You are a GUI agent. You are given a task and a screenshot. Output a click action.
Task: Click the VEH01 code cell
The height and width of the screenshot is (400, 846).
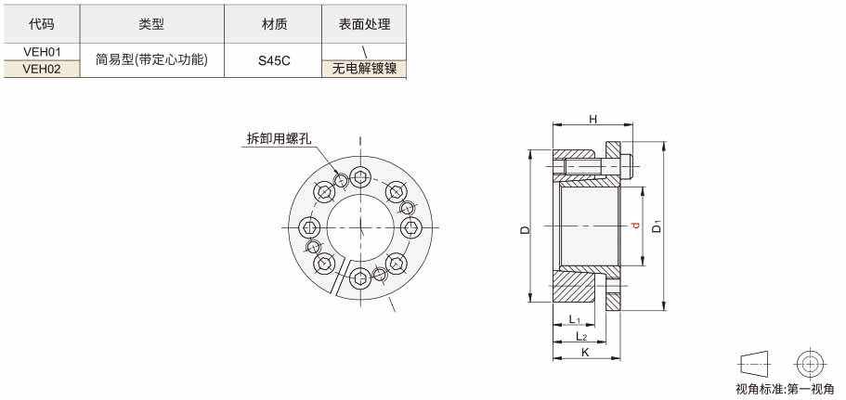point(42,52)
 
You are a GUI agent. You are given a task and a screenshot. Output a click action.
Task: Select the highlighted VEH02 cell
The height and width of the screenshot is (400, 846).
point(42,69)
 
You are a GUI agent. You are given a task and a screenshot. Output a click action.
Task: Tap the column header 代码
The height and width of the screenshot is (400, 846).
point(42,24)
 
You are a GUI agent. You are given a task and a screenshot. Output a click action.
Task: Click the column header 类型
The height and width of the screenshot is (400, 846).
point(151,24)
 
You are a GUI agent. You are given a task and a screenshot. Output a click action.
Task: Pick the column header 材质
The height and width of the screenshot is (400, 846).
point(273,24)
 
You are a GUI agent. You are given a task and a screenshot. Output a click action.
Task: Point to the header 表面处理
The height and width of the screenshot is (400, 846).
point(364,24)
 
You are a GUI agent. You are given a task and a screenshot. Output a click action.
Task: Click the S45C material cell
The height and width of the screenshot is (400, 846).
point(273,60)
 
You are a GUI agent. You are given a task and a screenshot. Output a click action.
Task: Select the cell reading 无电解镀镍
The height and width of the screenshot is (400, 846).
point(364,69)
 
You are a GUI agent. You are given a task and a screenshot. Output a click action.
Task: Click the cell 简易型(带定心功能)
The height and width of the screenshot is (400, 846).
point(151,59)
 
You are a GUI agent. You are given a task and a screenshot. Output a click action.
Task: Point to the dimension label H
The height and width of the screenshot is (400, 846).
point(592,119)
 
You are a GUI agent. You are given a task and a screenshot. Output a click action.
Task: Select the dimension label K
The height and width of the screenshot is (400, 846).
point(585,353)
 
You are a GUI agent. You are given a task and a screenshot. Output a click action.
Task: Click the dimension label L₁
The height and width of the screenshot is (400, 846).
point(574,319)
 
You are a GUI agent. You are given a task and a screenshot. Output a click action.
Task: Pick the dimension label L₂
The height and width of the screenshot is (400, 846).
point(581,336)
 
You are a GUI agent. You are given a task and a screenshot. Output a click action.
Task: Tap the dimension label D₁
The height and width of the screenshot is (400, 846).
point(657,226)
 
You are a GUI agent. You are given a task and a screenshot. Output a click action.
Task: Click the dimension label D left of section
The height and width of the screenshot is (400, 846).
point(525,229)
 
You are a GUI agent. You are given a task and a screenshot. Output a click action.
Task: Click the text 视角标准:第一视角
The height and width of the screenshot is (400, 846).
point(785,389)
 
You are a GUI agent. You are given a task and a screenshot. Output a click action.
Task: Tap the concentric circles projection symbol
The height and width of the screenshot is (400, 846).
point(808,364)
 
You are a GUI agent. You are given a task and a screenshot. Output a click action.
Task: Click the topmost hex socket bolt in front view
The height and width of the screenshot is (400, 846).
point(360,176)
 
